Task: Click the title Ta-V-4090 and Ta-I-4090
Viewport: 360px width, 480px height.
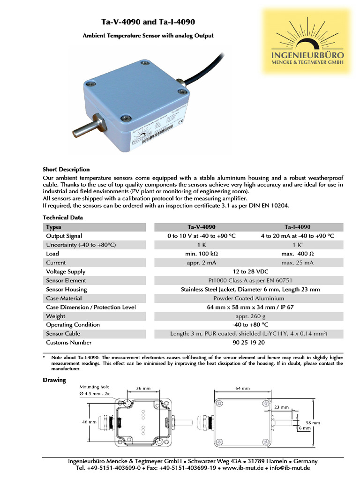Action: tap(148, 22)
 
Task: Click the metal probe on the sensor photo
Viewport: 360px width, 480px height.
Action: tap(84, 127)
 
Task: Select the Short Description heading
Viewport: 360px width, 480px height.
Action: tap(66, 169)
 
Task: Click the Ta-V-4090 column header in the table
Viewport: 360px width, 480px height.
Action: tap(201, 227)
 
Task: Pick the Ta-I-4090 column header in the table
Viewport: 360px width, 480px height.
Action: tap(297, 227)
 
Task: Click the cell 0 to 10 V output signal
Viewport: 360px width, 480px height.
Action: tap(201, 236)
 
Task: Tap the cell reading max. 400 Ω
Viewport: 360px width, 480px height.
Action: tap(297, 254)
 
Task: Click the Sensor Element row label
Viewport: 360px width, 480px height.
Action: tap(66, 280)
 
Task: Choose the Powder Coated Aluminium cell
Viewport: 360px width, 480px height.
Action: tap(248, 298)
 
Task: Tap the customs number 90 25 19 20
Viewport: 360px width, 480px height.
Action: tap(248, 342)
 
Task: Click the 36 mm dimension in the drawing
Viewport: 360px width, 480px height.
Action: tap(143, 388)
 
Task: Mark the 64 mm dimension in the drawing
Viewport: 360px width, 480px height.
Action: tap(242, 388)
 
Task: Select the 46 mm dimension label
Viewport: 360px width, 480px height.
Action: tap(89, 422)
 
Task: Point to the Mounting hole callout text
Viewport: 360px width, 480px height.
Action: tap(96, 387)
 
